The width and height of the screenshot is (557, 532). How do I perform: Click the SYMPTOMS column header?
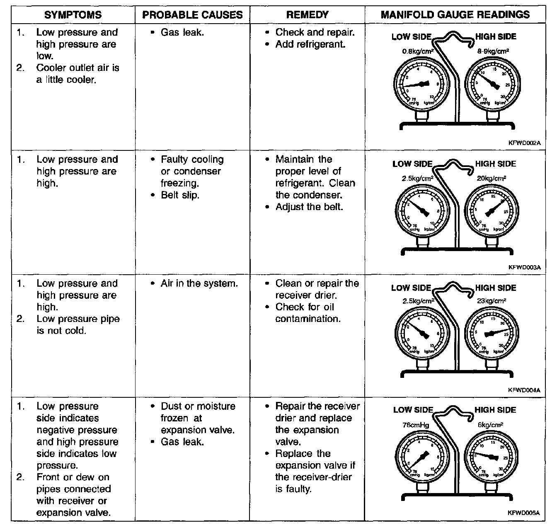(73, 15)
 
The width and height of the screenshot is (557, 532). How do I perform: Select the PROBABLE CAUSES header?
(192, 15)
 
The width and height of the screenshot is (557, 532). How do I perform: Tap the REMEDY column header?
(307, 15)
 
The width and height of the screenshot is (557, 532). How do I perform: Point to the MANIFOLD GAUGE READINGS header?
(455, 15)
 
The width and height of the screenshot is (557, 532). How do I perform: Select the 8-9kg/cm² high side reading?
(493, 51)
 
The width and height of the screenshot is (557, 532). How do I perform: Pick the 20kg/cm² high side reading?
(491, 179)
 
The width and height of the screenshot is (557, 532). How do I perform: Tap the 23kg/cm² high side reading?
(492, 301)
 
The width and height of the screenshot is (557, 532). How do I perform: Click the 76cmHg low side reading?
(416, 425)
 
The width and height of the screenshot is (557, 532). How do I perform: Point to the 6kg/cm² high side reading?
(491, 425)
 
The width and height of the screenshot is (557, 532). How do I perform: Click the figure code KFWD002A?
(525, 143)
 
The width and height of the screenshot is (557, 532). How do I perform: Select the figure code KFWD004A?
(524, 390)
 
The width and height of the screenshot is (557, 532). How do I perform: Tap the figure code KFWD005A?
(524, 513)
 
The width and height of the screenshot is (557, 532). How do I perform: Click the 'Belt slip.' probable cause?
(180, 195)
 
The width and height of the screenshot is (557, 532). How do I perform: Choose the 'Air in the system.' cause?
(199, 283)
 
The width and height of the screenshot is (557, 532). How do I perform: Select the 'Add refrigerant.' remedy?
(310, 44)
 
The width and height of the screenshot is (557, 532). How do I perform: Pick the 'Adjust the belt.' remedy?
(309, 206)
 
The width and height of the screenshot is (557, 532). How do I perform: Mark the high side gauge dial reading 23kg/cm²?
(492, 333)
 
